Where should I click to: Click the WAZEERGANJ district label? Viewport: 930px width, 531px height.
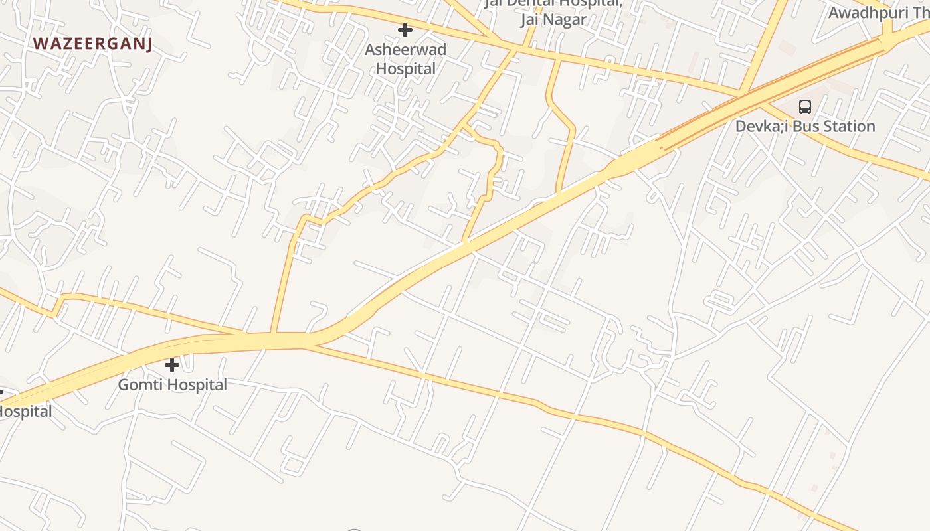[92, 44]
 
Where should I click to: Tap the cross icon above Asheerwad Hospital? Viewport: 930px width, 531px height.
[405, 30]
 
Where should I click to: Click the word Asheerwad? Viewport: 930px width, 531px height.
[405, 50]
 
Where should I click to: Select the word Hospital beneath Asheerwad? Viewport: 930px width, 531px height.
[406, 68]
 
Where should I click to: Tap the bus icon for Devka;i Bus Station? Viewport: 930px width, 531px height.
[804, 106]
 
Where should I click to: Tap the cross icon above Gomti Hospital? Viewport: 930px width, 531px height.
[172, 365]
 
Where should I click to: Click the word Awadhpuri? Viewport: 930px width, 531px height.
[869, 12]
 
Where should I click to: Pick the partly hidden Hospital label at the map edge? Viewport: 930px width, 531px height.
[25, 412]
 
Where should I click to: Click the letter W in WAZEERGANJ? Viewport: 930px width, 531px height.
[40, 44]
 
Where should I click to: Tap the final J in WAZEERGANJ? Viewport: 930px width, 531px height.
[149, 44]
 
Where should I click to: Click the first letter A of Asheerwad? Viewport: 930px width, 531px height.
[370, 50]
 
